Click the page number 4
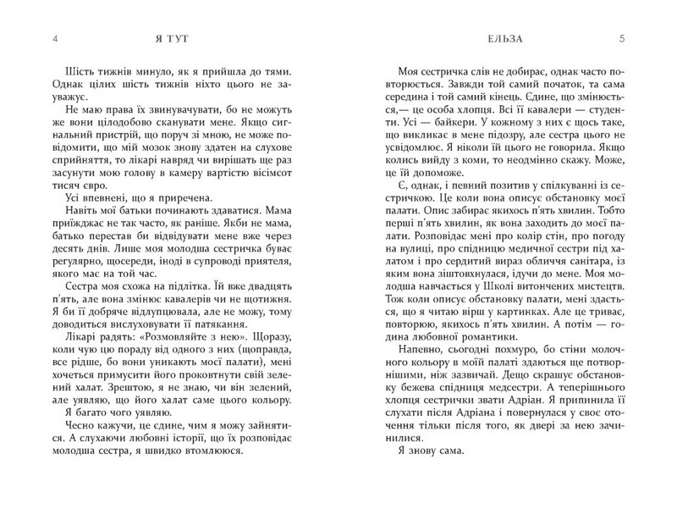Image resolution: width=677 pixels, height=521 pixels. [55, 38]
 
